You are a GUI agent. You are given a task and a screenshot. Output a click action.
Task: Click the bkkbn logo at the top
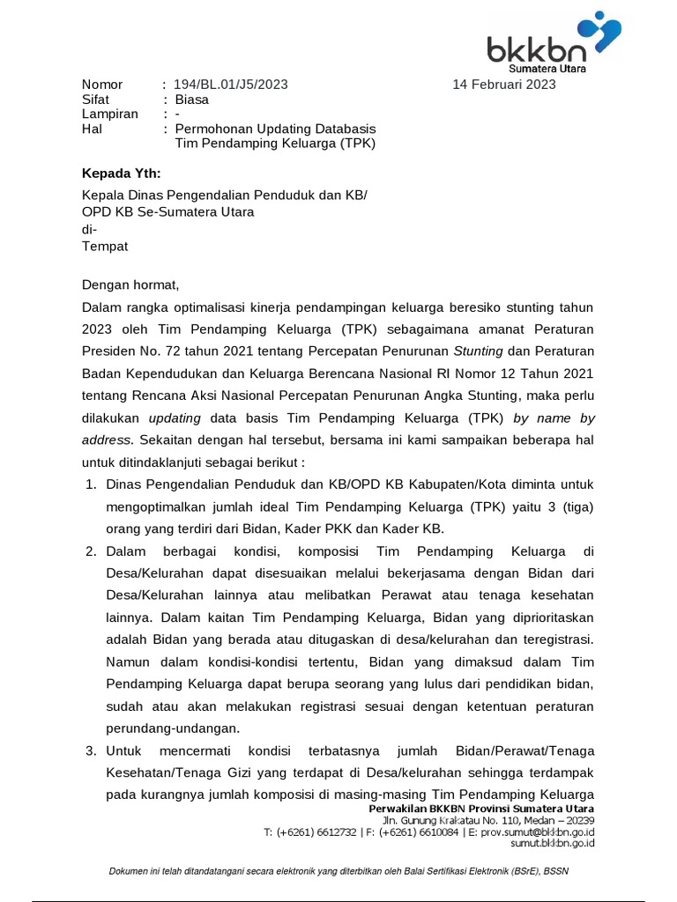554,41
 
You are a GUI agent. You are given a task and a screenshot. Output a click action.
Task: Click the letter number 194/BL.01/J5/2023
230,85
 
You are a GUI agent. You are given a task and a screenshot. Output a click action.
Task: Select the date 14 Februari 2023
503,85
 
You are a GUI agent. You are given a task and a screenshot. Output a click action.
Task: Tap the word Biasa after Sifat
192,100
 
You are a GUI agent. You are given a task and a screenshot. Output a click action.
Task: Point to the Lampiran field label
110,115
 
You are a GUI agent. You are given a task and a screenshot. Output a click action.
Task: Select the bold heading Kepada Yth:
122,173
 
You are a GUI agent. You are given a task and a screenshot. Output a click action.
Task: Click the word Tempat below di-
105,247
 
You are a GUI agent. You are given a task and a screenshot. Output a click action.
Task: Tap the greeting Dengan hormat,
130,285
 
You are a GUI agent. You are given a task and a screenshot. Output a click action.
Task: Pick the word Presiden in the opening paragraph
110,351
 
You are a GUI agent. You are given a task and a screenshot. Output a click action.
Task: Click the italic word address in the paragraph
107,439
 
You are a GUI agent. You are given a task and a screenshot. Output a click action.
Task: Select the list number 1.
91,484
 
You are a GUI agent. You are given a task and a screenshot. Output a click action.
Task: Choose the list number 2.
91,551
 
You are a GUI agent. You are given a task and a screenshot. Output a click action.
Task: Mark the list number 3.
91,750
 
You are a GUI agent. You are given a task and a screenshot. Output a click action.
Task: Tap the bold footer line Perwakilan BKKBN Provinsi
481,809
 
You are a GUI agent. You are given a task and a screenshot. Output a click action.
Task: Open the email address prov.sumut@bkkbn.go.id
538,832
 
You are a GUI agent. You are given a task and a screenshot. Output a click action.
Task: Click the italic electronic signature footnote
338,872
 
